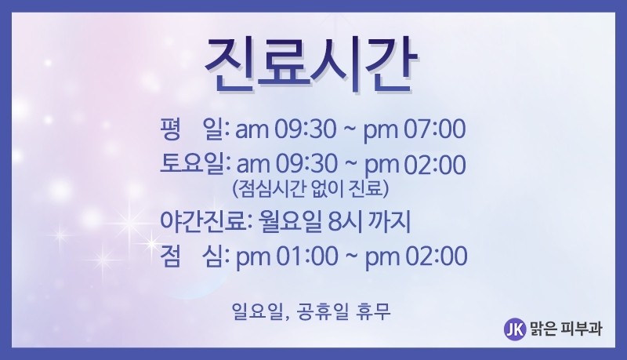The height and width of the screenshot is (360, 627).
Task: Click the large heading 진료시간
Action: (x=311, y=66)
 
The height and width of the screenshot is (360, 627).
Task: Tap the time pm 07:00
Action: (x=415, y=129)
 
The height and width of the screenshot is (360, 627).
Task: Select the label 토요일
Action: (x=192, y=164)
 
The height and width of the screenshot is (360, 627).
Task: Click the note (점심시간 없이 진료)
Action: (x=310, y=189)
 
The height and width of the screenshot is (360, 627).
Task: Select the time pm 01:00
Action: (x=287, y=256)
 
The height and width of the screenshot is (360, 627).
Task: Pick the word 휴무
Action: (x=373, y=311)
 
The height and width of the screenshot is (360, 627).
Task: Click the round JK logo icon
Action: (x=515, y=329)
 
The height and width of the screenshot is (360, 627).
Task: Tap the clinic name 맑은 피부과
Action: (x=565, y=329)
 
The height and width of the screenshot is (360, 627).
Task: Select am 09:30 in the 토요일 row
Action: (x=287, y=165)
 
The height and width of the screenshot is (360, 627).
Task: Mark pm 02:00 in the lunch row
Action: (x=416, y=256)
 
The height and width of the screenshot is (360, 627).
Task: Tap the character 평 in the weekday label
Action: (x=170, y=129)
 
